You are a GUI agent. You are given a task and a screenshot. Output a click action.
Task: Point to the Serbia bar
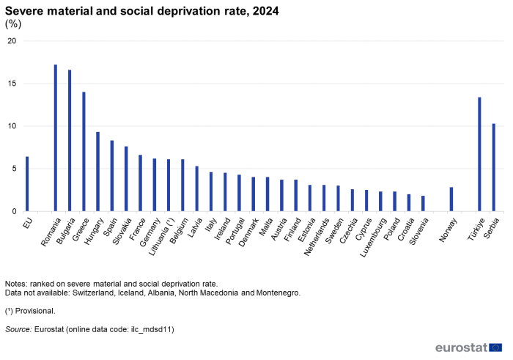coord(494,167)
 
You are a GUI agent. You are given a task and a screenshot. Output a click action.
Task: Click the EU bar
coord(27,184)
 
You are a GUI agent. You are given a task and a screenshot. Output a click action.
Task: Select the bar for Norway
coord(451,199)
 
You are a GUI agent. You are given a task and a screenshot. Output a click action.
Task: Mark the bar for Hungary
coord(97,172)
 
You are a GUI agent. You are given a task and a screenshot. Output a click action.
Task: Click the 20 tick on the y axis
coord(11,41)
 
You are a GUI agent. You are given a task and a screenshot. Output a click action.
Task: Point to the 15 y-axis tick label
coord(11,84)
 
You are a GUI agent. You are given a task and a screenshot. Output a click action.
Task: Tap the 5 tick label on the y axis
coord(13,169)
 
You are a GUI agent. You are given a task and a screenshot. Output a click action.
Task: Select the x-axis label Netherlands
coord(319,235)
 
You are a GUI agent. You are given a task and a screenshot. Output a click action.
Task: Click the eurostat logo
coord(468,348)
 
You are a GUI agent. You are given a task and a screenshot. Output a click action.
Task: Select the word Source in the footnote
coord(18,329)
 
